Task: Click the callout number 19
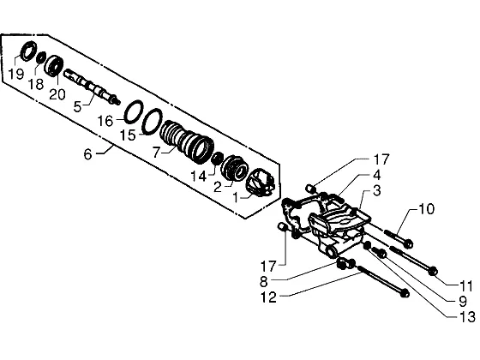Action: (x=16, y=74)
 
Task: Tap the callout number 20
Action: (x=57, y=94)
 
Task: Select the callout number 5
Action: (x=77, y=107)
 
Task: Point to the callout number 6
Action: (x=87, y=154)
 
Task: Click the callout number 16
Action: (x=105, y=121)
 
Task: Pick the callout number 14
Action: (x=198, y=177)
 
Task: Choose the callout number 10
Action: (x=426, y=209)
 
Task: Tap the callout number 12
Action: (x=268, y=297)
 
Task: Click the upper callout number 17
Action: (x=381, y=159)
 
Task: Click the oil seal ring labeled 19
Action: (x=28, y=51)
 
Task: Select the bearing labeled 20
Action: (x=55, y=65)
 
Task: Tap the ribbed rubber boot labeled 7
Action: (x=187, y=141)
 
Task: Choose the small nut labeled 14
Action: (x=218, y=159)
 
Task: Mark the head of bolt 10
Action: (x=408, y=244)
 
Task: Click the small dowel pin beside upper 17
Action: (x=310, y=189)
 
